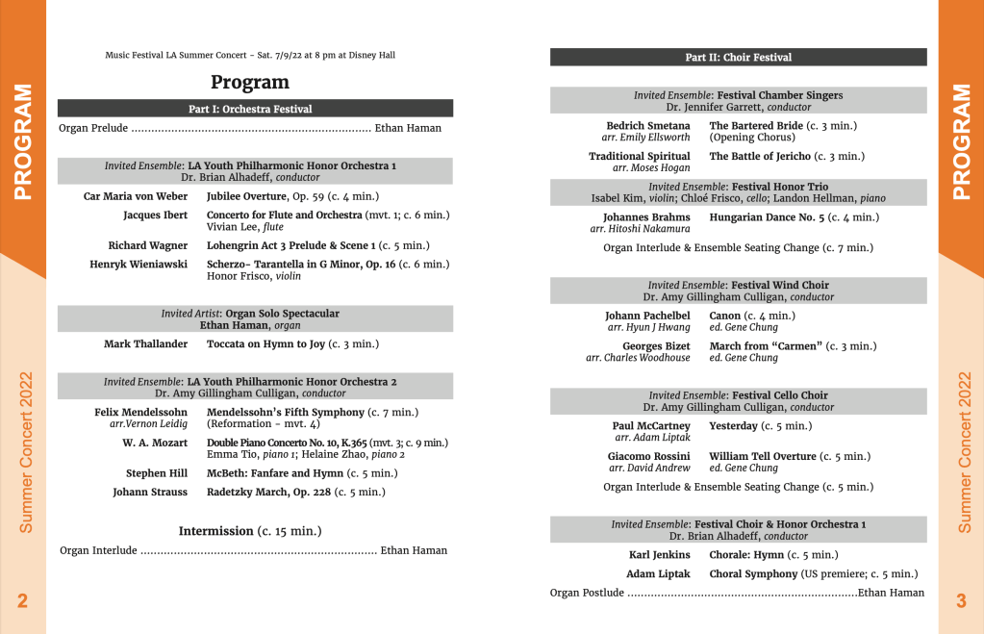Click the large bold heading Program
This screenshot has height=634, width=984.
tap(250, 83)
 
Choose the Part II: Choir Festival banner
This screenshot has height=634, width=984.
tap(738, 58)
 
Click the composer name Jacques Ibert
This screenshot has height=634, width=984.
tap(155, 215)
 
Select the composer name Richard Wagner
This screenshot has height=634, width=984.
tap(147, 245)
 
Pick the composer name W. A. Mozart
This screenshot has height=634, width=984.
tap(155, 443)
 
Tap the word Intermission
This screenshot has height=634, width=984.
tap(216, 531)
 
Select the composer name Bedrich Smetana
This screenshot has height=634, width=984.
tap(647, 126)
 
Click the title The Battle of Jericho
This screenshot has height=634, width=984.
tap(760, 156)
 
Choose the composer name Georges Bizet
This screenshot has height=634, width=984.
tap(656, 346)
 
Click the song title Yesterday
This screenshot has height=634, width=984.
tap(733, 425)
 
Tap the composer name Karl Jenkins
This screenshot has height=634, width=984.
tap(659, 554)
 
